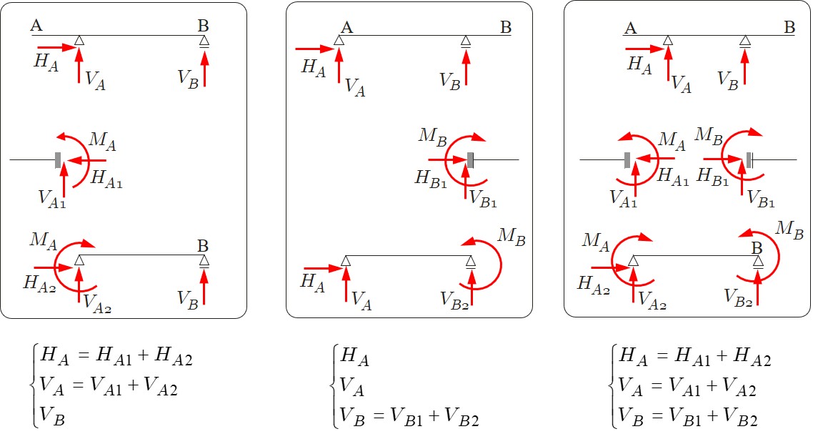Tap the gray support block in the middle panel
pos(470,159)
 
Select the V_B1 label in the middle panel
pos(482,199)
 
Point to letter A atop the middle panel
pos(347,28)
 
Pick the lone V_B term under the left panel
pos(53,418)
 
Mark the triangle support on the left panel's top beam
pos(80,40)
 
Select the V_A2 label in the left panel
pos(97,304)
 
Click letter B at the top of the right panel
pos(789,28)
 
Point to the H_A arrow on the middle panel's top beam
pos(314,49)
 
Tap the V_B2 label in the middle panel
pos(455,299)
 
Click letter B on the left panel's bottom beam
pos(204,247)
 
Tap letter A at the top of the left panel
pos(36,26)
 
